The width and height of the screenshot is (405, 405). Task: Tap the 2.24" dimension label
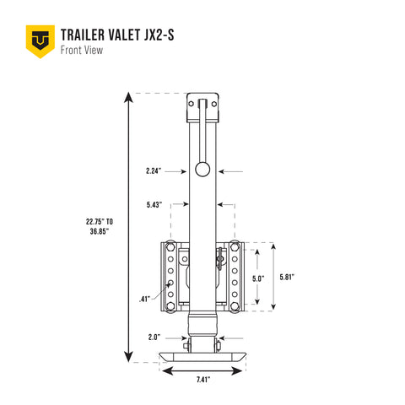[x=154, y=170]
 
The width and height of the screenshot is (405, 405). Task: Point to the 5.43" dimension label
[x=154, y=203]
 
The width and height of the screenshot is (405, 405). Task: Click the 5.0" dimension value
[x=257, y=278]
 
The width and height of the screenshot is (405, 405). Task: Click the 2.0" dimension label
[x=154, y=337]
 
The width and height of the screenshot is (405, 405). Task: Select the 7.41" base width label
[x=203, y=381]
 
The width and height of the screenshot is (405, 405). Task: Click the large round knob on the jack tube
[x=202, y=170]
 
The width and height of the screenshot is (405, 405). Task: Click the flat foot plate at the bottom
[x=202, y=355]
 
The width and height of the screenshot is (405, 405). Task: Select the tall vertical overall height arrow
[x=127, y=225]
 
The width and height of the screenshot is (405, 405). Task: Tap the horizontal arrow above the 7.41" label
[x=203, y=369]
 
